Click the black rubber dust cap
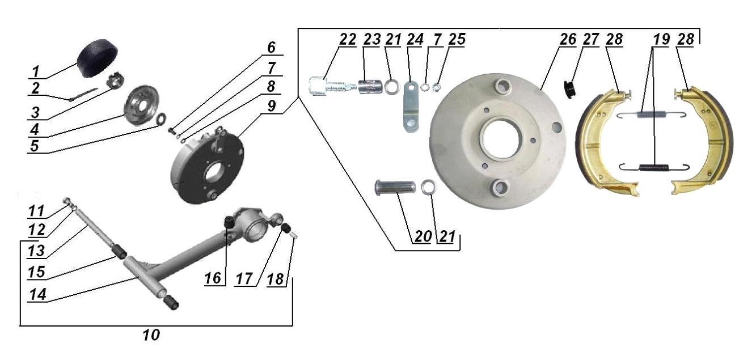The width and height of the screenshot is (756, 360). [98, 58]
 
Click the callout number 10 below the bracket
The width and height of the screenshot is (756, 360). [151, 335]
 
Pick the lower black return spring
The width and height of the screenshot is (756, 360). [654, 167]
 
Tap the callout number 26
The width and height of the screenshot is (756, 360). [568, 40]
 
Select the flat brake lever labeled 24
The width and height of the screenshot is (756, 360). [411, 107]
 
